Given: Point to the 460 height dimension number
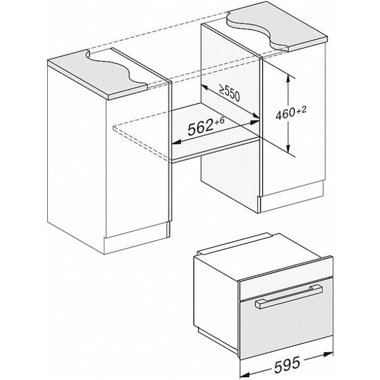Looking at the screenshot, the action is [x=285, y=113].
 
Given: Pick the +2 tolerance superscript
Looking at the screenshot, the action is [x=301, y=111].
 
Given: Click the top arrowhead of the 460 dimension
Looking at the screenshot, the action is [x=288, y=79].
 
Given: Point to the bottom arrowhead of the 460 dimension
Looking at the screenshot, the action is [x=288, y=148].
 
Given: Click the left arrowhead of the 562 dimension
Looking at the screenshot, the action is [x=176, y=142].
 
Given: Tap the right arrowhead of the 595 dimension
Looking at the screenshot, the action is [x=328, y=355].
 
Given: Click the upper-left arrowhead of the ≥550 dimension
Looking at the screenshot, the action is [x=205, y=88].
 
